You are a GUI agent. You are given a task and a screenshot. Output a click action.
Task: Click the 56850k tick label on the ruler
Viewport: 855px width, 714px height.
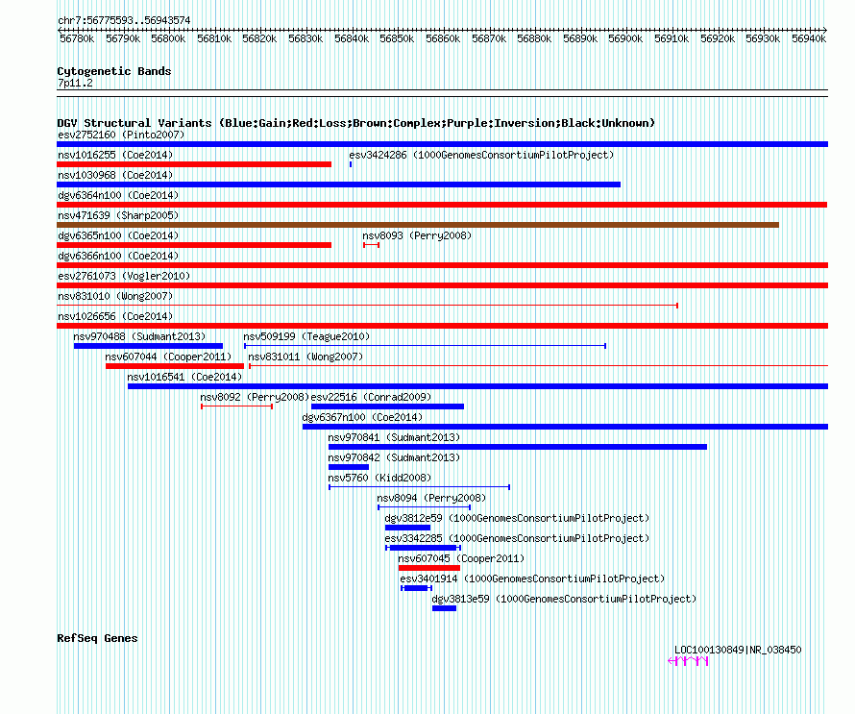tap(397, 38)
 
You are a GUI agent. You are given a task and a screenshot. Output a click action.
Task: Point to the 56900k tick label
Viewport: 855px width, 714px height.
tap(625, 38)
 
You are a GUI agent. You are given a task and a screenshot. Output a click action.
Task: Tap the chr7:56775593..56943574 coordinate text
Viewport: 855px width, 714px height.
tap(124, 20)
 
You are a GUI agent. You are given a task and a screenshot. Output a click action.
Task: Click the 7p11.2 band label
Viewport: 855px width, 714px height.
tap(75, 83)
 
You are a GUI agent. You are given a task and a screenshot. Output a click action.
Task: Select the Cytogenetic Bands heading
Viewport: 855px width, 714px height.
tap(114, 71)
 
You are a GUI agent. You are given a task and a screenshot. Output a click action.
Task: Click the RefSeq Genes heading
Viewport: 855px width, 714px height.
tap(97, 638)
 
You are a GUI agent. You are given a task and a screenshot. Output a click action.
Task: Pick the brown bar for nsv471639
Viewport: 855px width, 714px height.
tap(418, 225)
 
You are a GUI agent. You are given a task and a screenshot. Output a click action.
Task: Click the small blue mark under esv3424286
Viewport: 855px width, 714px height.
tap(351, 164)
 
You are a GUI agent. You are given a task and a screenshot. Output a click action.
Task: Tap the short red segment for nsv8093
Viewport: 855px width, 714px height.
tap(372, 245)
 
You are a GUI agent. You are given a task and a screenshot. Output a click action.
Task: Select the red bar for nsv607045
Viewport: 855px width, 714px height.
tap(429, 568)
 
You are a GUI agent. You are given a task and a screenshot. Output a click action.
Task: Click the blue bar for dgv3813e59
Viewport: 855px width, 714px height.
tap(445, 608)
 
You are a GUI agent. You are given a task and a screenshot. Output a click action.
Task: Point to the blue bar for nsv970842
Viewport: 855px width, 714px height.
tap(349, 467)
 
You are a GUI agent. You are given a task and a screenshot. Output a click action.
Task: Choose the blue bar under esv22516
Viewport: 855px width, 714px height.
tap(388, 406)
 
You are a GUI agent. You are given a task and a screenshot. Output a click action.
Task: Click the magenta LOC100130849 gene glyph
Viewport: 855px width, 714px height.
tap(688, 661)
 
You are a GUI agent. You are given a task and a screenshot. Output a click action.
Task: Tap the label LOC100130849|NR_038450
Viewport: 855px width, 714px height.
tap(738, 650)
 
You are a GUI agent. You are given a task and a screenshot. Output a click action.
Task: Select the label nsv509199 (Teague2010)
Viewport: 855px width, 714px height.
tap(306, 336)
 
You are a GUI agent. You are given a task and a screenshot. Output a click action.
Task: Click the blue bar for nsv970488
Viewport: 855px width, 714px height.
tap(148, 346)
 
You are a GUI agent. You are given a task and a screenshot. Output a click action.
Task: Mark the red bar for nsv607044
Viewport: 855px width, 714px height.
tap(175, 366)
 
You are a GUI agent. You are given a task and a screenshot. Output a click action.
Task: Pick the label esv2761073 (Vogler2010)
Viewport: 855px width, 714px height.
tap(124, 276)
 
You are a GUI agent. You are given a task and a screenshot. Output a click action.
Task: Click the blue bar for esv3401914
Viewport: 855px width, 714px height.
tap(417, 588)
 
